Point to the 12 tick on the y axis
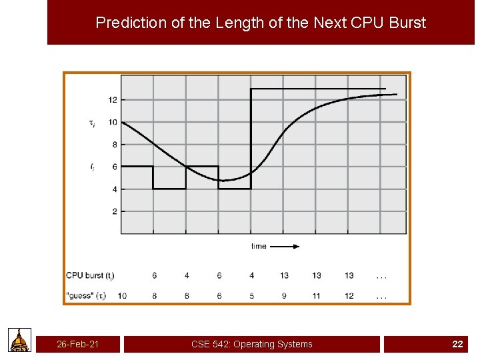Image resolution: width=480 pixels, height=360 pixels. tap(112, 100)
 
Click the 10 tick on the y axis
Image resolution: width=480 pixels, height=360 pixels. tap(112, 122)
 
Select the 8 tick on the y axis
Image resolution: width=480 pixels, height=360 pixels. tap(114, 145)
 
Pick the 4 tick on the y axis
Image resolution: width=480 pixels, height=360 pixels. tap(114, 189)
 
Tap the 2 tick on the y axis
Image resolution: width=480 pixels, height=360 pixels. tap(114, 211)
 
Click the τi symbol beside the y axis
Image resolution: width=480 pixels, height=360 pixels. tap(92, 122)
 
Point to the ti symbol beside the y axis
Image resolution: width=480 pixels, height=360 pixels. tap(92, 167)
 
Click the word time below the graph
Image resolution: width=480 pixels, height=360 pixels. tap(259, 246)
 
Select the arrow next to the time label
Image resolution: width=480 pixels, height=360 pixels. tap(285, 246)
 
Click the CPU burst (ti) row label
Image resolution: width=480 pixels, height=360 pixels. tap(89, 275)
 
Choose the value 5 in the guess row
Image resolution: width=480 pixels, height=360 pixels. tap(251, 295)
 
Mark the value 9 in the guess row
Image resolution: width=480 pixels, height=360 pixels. tap(284, 295)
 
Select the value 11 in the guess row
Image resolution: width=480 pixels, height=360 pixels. tap(316, 295)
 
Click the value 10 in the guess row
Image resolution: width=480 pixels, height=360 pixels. tap(122, 295)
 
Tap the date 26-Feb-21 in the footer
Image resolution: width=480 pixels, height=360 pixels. tap(78, 344)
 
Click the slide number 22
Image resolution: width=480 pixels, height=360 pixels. tap(457, 344)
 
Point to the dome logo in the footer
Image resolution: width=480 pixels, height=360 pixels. tap(20, 340)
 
